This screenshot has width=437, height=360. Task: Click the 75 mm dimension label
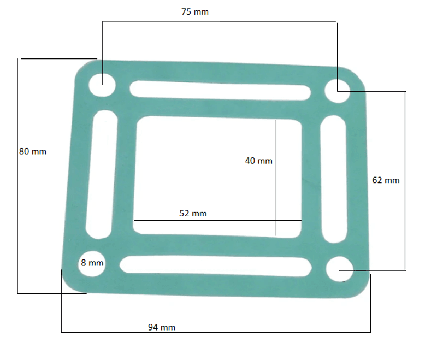(195, 12)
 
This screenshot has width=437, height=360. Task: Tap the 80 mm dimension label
(33, 151)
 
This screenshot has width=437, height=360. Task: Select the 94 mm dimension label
(162, 327)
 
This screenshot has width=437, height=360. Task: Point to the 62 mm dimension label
(386, 180)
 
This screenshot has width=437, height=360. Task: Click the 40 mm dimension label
(258, 161)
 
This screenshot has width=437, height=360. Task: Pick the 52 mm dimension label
(193, 214)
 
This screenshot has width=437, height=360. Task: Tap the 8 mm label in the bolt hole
(92, 263)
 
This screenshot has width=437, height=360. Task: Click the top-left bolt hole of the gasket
(102, 85)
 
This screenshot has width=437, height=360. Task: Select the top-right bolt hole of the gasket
(337, 91)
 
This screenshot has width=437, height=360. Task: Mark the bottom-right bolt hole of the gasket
(339, 269)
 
